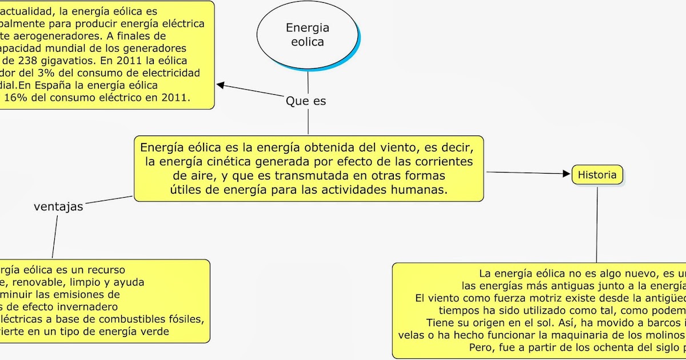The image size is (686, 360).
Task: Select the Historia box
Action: pos(597,175)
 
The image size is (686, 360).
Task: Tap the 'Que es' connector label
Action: pos(306,101)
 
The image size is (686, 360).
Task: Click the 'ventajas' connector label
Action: pos(58,207)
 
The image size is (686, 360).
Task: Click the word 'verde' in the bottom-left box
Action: pos(155,332)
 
